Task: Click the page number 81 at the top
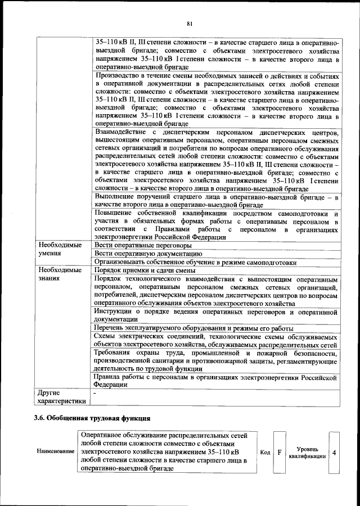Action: coord(190,23)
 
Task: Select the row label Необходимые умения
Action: coord(59,250)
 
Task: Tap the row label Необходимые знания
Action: coord(59,274)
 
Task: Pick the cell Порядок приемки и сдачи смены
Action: coord(145,270)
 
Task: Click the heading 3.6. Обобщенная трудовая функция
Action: coord(92,418)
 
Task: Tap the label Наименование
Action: coord(55,452)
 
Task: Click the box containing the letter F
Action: coord(280,452)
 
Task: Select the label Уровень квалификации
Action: coord(307,453)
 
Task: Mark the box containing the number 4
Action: coord(335,452)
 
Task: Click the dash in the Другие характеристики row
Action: coord(96,393)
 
